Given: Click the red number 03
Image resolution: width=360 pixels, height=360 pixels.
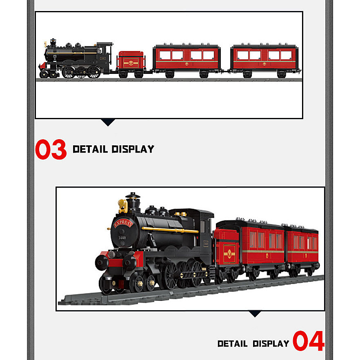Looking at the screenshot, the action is point(51,149).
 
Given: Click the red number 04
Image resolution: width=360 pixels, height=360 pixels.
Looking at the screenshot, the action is point(309,341).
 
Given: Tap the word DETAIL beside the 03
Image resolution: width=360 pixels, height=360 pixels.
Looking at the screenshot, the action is point(90,149).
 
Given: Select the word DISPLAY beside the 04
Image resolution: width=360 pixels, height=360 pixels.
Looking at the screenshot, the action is point(271,343).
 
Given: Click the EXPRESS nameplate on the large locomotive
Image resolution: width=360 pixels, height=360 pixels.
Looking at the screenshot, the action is point(122,223).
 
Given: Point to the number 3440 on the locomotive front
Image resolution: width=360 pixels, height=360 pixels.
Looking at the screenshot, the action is point(121,238).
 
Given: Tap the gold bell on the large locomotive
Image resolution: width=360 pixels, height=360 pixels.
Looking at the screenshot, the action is point(122,204).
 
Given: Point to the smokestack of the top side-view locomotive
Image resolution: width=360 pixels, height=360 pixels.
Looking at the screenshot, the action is point(53,44).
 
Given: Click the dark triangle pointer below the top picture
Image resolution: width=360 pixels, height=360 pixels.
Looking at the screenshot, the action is point(108,122).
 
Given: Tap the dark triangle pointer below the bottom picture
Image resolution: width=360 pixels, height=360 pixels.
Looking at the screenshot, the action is point(255,313).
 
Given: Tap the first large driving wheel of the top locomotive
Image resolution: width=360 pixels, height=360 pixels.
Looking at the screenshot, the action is point(69,72).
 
